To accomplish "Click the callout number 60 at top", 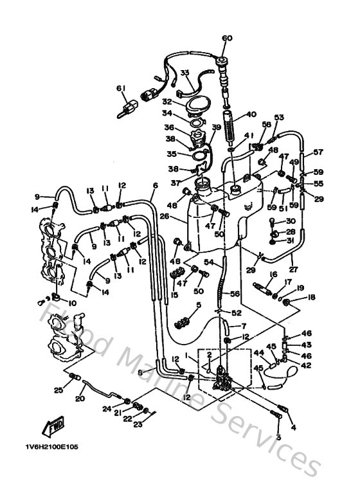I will point(226,38).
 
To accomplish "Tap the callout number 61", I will point(120,88).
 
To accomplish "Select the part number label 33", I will point(184,73).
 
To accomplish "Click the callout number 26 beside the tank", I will point(165,217).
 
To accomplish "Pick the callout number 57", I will point(318,152).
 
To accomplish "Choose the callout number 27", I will point(292,270).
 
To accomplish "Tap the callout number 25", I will point(58,390).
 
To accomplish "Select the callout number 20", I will point(80,399).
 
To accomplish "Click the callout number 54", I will point(209,262).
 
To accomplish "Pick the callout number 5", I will point(199,305).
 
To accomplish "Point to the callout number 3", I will point(279,437).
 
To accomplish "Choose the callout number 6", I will point(155,185).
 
